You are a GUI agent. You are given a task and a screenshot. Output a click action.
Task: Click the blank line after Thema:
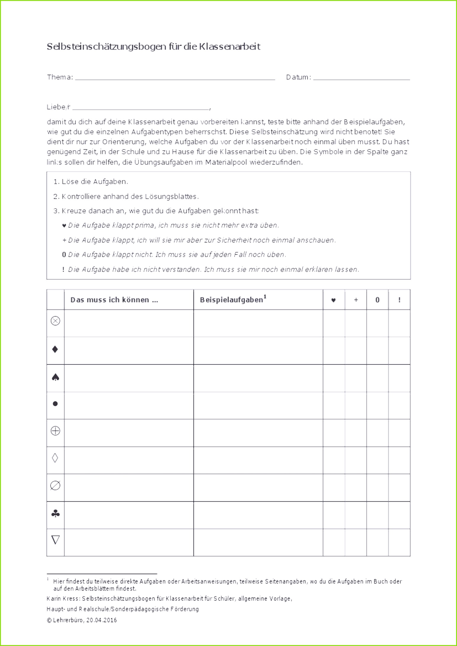175,79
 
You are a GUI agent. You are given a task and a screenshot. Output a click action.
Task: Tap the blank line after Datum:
361,79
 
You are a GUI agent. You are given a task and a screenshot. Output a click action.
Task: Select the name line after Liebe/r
141,109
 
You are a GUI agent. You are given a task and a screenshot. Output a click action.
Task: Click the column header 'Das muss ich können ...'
114,300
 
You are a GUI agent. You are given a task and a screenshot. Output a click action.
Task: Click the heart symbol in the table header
333,300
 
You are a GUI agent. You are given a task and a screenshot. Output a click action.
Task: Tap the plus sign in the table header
356,300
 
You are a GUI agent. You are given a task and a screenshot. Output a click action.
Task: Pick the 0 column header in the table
377,300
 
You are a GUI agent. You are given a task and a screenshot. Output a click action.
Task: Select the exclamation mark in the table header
399,300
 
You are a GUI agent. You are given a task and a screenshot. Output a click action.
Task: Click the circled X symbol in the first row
55,321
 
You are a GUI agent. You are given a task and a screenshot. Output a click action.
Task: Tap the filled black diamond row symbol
55,349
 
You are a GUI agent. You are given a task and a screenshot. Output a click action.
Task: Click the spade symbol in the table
55,377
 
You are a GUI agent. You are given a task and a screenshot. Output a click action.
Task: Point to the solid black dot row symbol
55,404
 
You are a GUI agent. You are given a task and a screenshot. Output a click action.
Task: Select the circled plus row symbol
55,431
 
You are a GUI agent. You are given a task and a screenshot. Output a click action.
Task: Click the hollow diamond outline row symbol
55,458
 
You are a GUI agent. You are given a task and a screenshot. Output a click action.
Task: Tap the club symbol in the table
55,514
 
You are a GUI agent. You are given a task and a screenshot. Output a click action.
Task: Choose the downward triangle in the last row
55,540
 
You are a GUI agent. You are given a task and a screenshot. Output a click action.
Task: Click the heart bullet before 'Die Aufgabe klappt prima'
64,226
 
